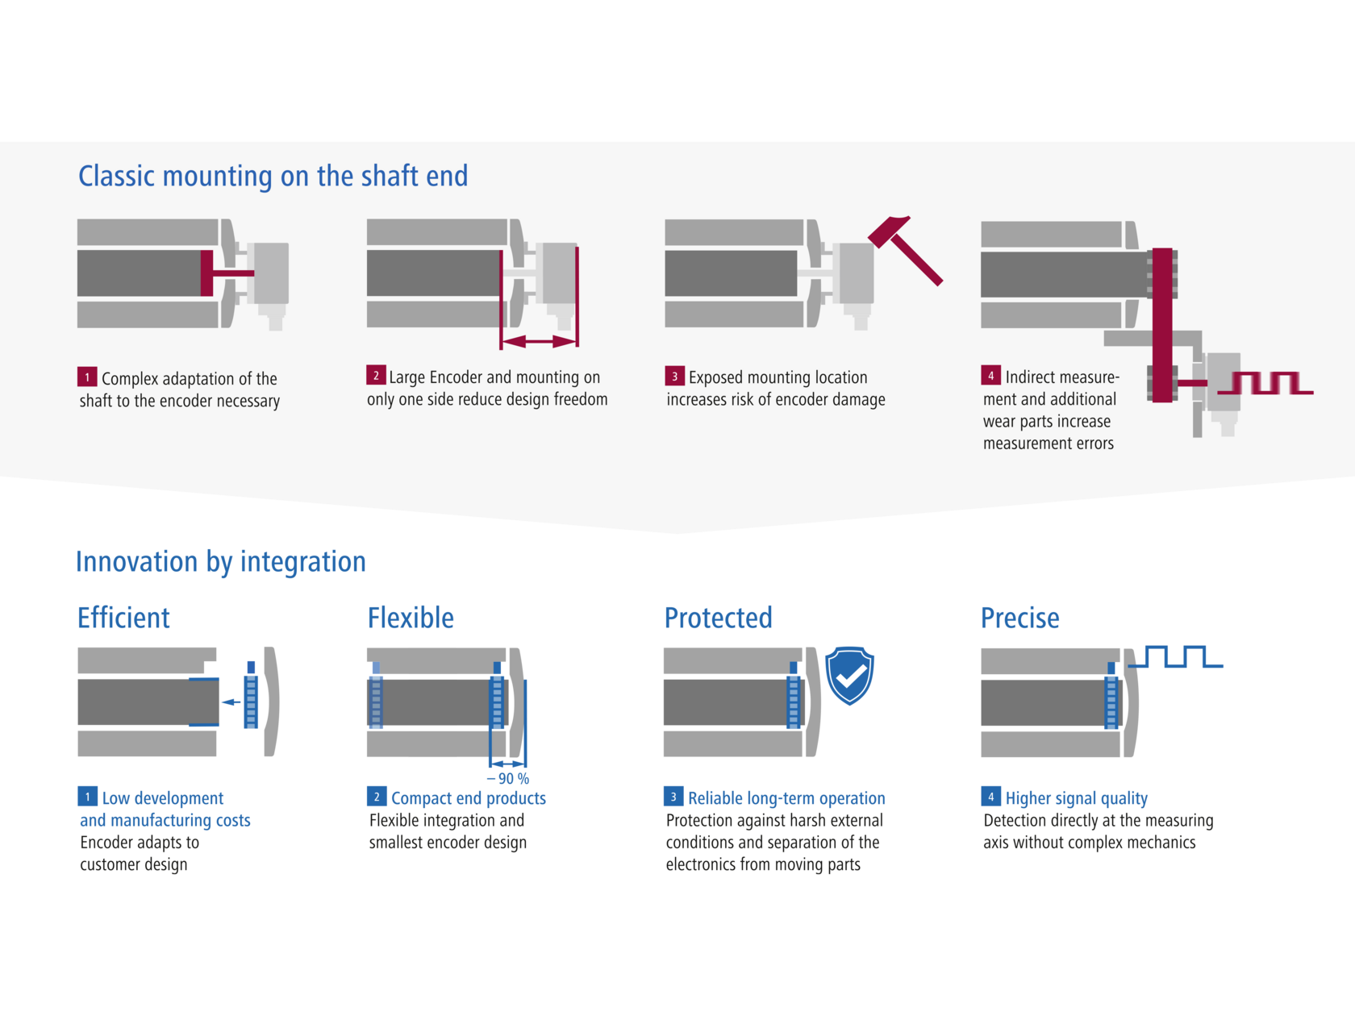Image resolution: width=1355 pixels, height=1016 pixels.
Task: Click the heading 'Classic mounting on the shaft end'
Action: click(273, 176)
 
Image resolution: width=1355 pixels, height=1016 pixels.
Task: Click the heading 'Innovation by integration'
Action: click(220, 561)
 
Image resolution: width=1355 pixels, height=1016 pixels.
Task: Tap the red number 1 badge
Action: click(87, 377)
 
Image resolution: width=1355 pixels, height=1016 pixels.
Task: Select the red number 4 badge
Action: click(990, 376)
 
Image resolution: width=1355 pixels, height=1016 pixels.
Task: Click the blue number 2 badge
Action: click(376, 797)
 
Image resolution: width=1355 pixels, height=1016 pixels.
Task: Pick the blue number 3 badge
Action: click(673, 797)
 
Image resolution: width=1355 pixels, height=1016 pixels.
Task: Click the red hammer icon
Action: click(905, 249)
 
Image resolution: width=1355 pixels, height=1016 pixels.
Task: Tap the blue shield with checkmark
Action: click(849, 675)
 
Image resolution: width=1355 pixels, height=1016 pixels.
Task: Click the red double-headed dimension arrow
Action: click(539, 342)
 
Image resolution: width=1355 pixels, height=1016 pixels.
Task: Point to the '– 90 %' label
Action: click(508, 779)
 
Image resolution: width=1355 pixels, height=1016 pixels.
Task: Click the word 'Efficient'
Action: click(123, 618)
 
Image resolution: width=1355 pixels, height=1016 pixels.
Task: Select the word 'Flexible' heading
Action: click(411, 618)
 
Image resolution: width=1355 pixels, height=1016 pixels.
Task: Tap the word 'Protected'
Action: click(718, 618)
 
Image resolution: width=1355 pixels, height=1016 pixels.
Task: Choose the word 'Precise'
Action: click(1019, 618)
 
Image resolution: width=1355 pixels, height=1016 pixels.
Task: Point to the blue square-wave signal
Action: click(1177, 657)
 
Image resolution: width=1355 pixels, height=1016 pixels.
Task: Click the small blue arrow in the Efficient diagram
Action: click(231, 702)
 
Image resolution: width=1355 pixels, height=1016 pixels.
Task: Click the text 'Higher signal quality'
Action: click(1076, 798)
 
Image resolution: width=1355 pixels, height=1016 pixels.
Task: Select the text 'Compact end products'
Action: click(468, 798)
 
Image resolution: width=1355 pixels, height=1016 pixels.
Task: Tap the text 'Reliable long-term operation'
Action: click(786, 798)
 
